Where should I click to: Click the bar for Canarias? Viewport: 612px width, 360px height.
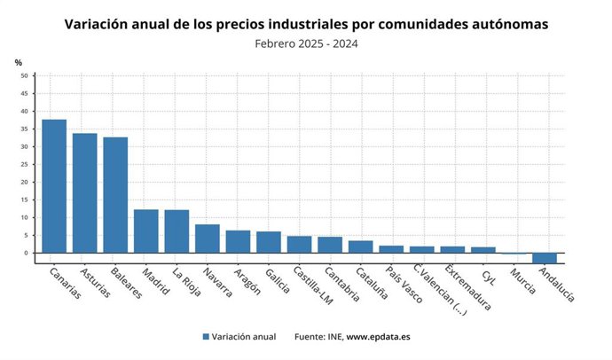[54, 186]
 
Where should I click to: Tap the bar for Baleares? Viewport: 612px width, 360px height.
[115, 195]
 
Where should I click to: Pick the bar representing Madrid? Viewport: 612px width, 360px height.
[146, 231]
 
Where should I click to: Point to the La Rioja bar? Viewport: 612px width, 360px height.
[177, 231]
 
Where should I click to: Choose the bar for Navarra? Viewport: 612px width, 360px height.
[208, 239]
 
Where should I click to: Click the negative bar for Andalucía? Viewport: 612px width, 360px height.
[545, 258]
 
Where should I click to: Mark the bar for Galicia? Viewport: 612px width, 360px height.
[269, 242]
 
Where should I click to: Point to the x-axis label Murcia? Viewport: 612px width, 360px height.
[522, 279]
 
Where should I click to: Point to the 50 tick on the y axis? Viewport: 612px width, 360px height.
[23, 76]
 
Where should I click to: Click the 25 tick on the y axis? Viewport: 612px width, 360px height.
[23, 165]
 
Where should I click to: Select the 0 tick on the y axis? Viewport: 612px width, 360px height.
[25, 254]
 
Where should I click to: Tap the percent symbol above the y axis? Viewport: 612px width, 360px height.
[18, 62]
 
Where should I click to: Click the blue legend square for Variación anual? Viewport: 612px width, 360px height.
[206, 337]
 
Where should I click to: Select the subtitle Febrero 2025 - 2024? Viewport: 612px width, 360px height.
[306, 43]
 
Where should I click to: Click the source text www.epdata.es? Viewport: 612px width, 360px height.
[378, 337]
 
